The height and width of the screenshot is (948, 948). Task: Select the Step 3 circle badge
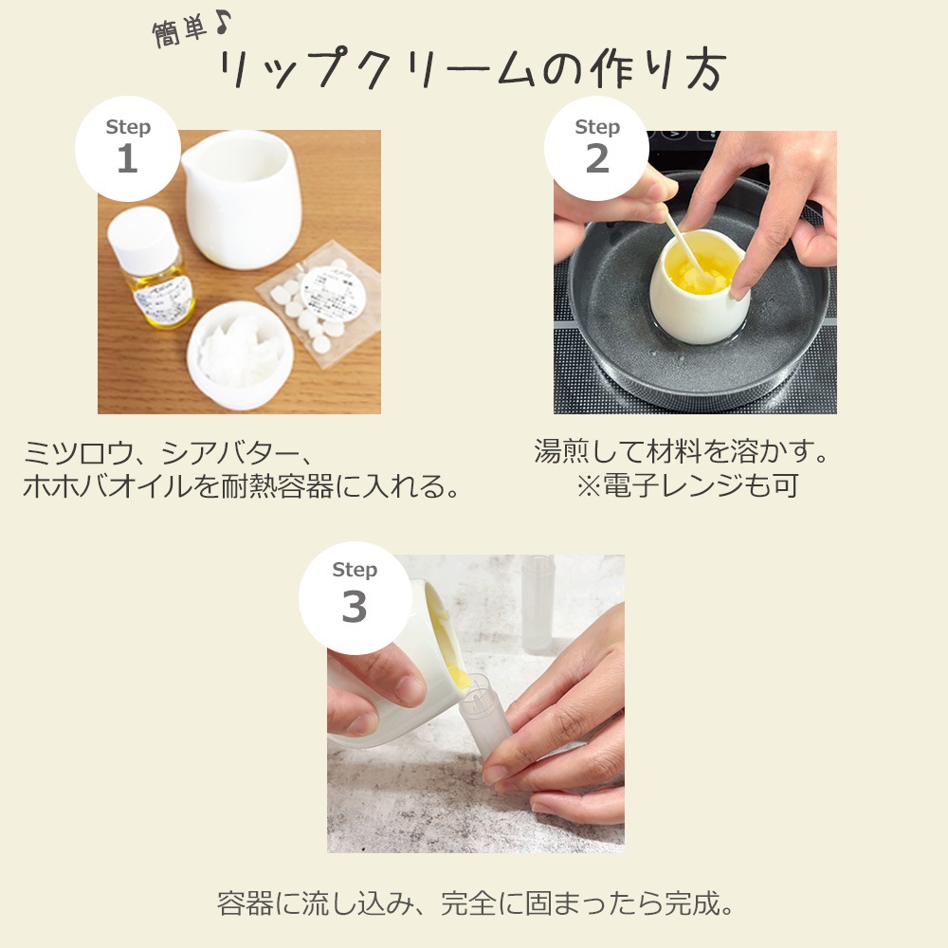[x=354, y=593]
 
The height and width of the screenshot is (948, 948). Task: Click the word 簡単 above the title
[x=179, y=31]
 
